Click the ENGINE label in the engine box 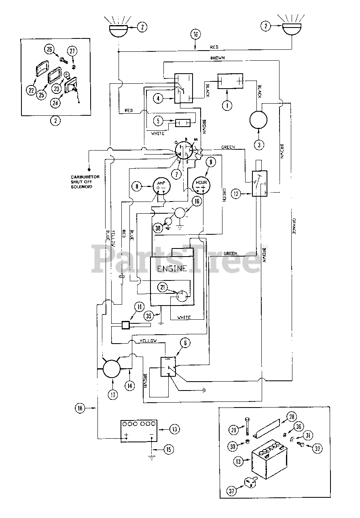pos(172,269)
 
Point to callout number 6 pos(185,344)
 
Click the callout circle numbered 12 pos(236,194)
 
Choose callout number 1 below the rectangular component pos(228,105)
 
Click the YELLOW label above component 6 pos(148,341)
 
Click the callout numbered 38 pos(159,228)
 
